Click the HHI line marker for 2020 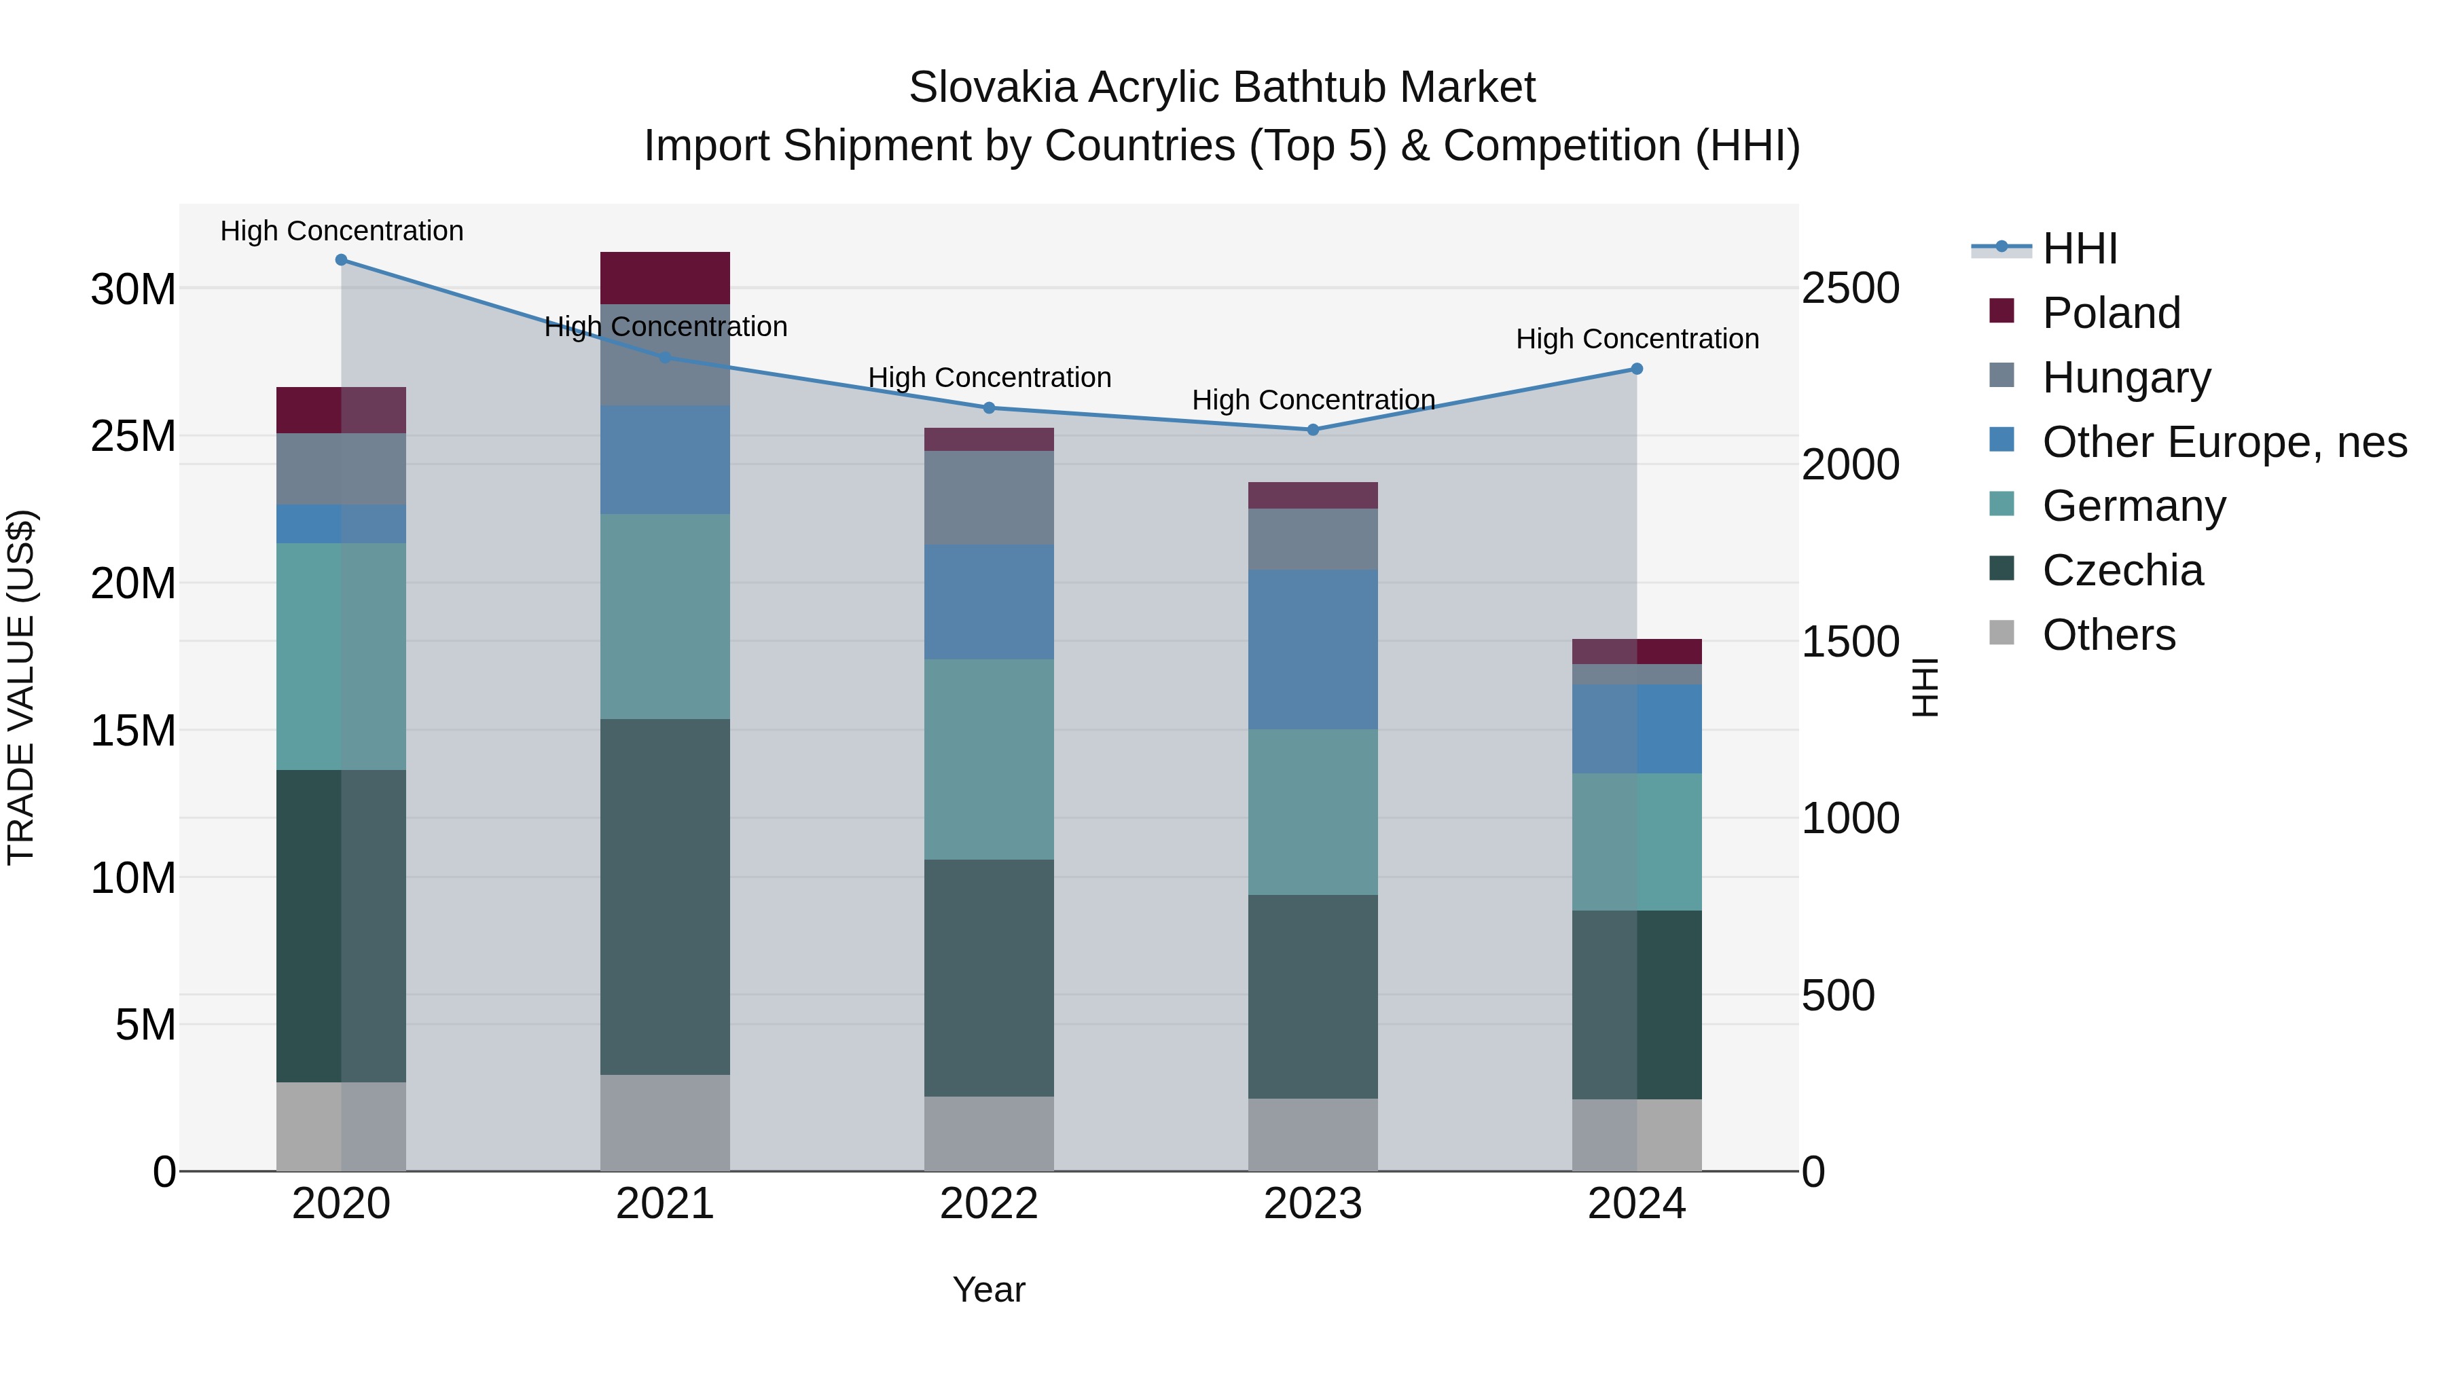pyautogui.click(x=341, y=260)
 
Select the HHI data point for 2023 pyautogui.click(x=1313, y=430)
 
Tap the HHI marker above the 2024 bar pyautogui.click(x=1636, y=369)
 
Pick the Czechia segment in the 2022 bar pyautogui.click(x=988, y=977)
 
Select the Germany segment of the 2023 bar pyautogui.click(x=1313, y=811)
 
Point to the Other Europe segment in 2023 pyautogui.click(x=1313, y=649)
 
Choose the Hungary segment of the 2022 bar pyautogui.click(x=988, y=497)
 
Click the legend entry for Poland pyautogui.click(x=2111, y=313)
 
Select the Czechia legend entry pyautogui.click(x=2122, y=570)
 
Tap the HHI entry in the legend pyautogui.click(x=2079, y=249)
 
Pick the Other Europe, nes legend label pyautogui.click(x=2224, y=442)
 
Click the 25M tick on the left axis pyautogui.click(x=133, y=435)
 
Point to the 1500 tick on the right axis pyautogui.click(x=1850, y=642)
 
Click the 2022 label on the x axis pyautogui.click(x=988, y=1204)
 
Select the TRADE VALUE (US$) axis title pyautogui.click(x=21, y=687)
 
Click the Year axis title pyautogui.click(x=988, y=1289)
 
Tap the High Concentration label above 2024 pyautogui.click(x=1636, y=339)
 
